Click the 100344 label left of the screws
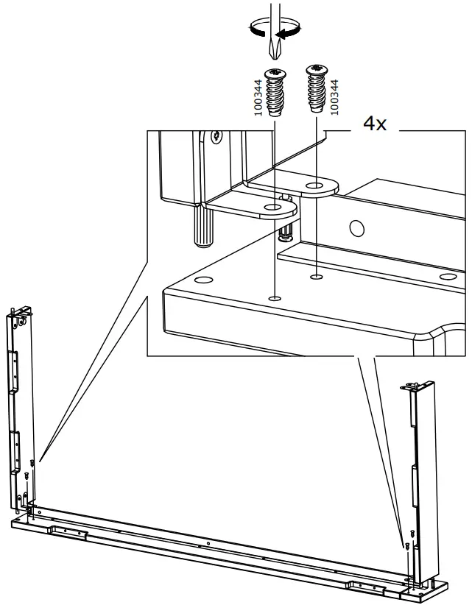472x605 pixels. coord(258,96)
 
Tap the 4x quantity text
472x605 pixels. coord(374,124)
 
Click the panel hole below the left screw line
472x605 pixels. coord(274,298)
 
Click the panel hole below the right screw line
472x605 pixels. coord(317,277)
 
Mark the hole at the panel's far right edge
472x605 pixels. coord(446,277)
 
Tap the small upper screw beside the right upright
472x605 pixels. coord(405,535)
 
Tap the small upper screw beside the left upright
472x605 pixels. coord(32,462)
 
